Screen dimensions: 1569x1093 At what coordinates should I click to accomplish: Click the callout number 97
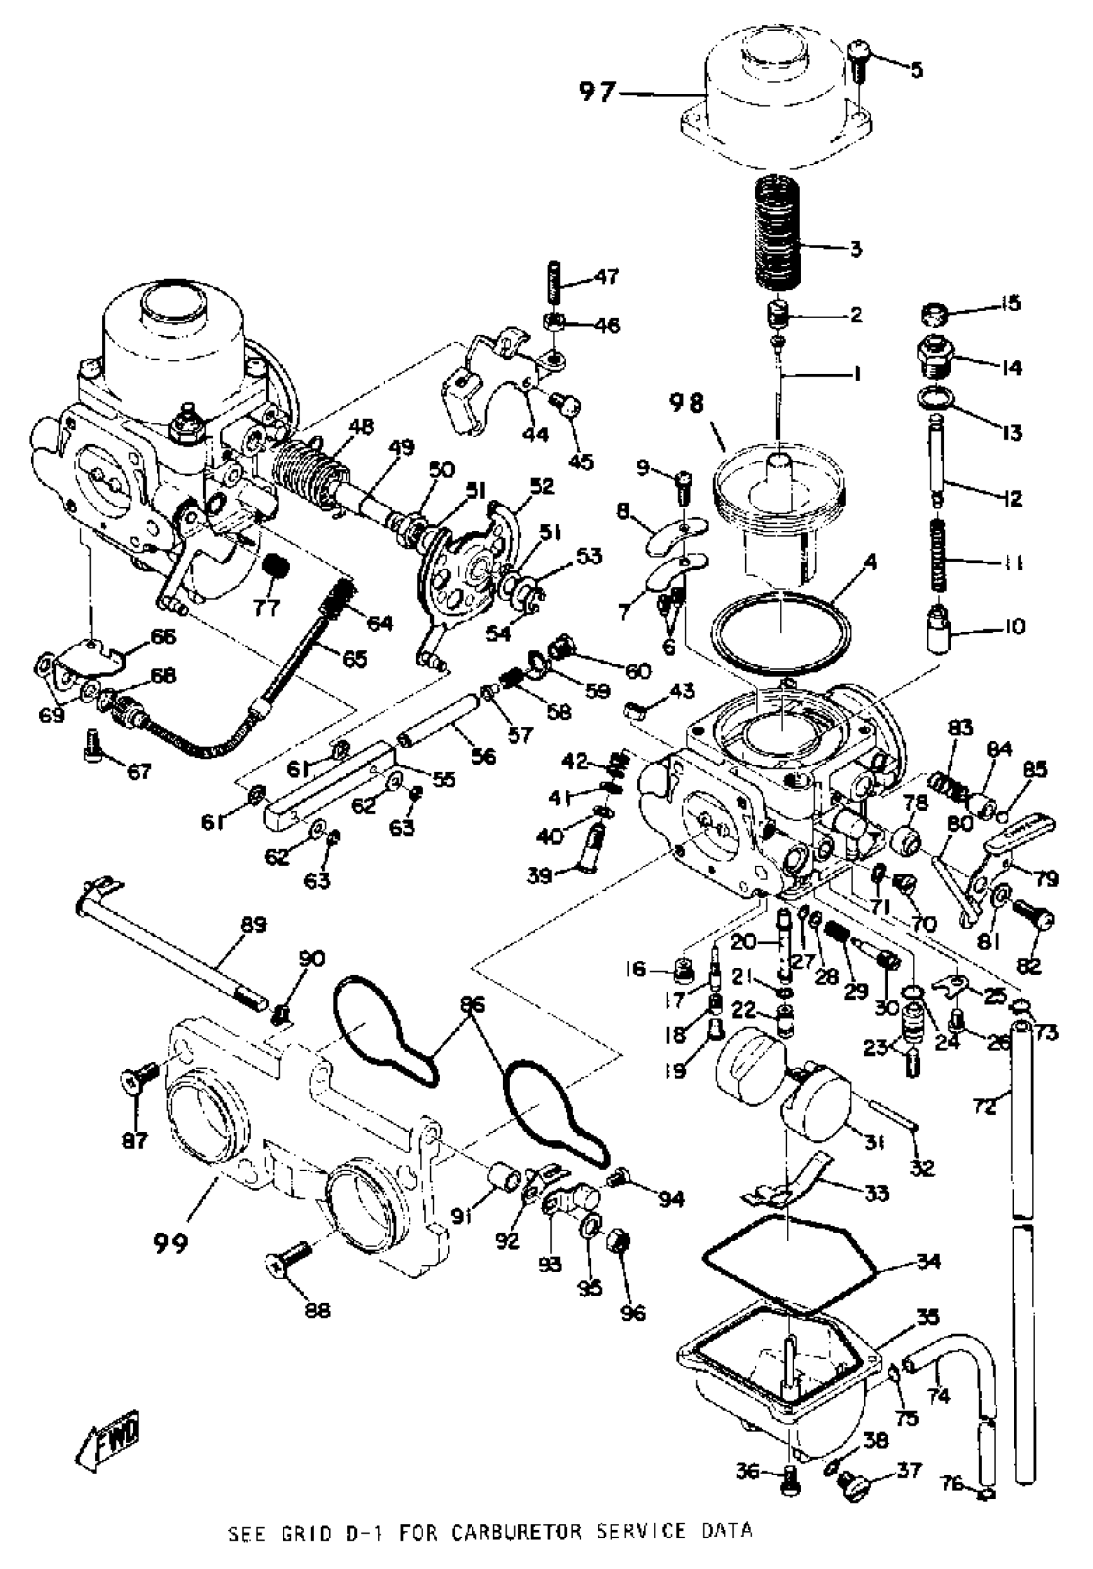coord(597,93)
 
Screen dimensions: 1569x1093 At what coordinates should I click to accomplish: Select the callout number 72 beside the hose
coord(984,1106)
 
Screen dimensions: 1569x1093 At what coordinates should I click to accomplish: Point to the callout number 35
coord(928,1316)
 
